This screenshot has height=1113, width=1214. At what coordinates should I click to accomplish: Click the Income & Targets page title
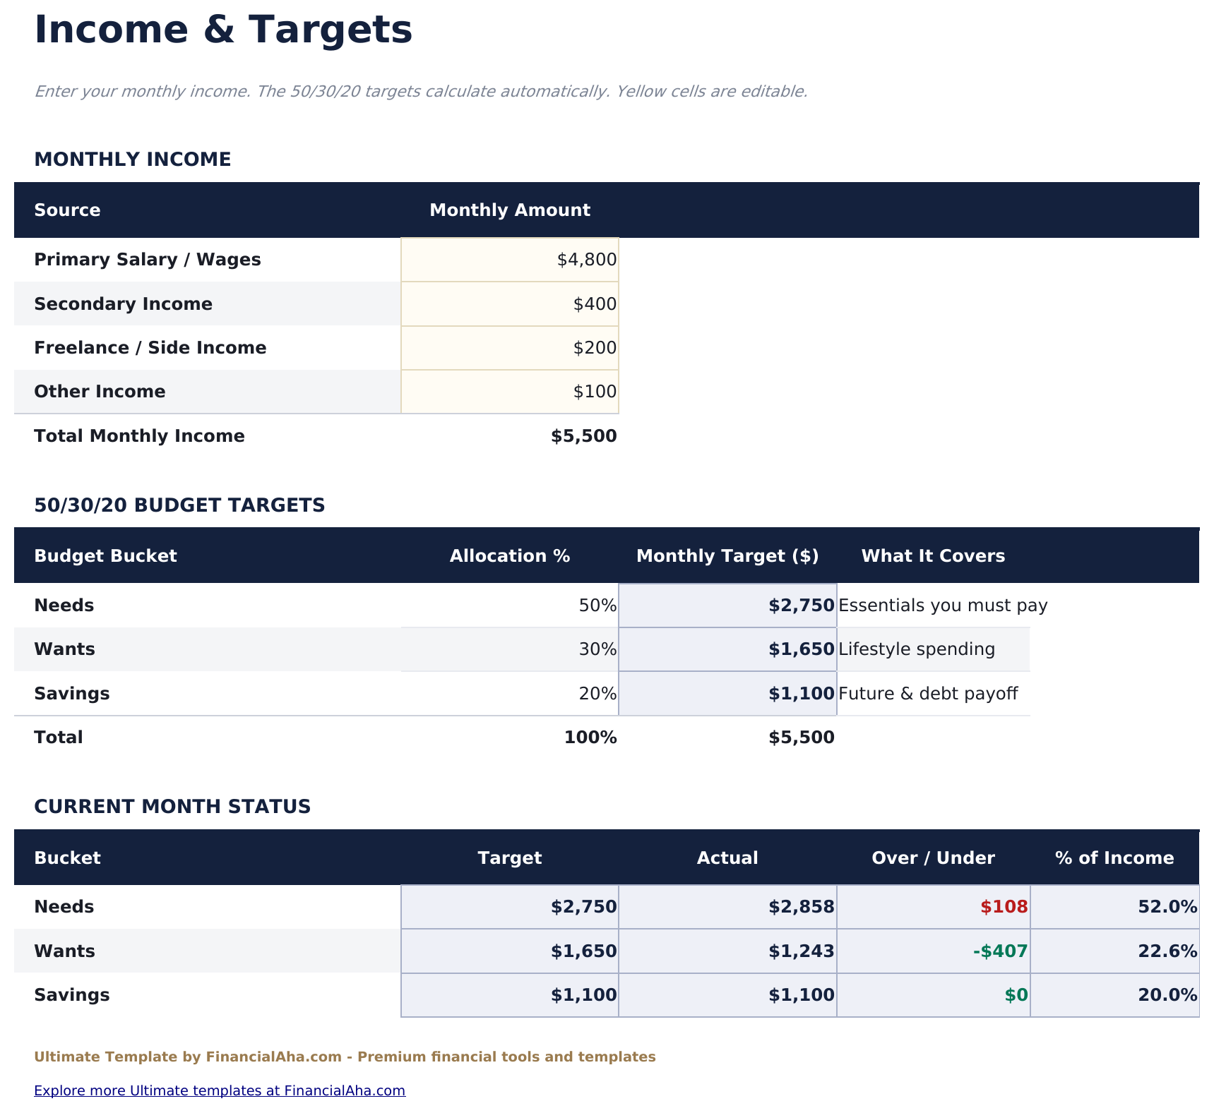click(223, 30)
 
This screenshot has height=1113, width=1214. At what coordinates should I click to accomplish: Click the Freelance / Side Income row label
click(150, 348)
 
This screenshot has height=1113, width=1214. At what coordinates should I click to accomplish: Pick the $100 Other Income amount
click(595, 392)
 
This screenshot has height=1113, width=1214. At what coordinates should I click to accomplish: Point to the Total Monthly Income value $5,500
click(583, 436)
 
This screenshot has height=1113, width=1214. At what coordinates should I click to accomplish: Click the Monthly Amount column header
click(509, 210)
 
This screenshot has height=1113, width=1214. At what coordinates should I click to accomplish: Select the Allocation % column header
click(509, 556)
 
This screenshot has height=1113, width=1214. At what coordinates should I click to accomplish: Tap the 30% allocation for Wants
click(597, 649)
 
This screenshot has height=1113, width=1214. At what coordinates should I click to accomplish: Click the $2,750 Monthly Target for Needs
click(801, 606)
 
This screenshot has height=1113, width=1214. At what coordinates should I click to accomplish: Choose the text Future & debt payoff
click(927, 694)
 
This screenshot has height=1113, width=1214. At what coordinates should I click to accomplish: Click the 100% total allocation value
click(590, 738)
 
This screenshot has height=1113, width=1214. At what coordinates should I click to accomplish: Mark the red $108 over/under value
click(1004, 907)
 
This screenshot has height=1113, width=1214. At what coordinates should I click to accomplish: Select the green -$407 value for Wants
click(1000, 951)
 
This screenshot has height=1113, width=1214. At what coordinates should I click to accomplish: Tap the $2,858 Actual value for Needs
click(801, 907)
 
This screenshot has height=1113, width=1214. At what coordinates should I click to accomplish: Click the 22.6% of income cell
click(1167, 951)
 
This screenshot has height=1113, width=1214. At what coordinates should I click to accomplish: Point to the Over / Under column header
click(933, 858)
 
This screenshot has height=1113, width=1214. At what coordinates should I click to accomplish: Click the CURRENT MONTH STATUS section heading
click(172, 807)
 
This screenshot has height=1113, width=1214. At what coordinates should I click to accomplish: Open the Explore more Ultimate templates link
click(220, 1090)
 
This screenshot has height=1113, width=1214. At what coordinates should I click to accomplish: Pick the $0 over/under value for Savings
click(1016, 995)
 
